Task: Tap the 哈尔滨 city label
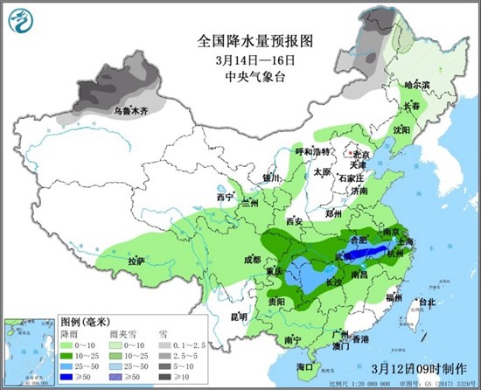coord(416,86)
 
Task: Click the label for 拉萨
coord(136,261)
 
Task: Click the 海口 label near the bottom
coord(304,366)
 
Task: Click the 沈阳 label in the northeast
coord(401,129)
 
